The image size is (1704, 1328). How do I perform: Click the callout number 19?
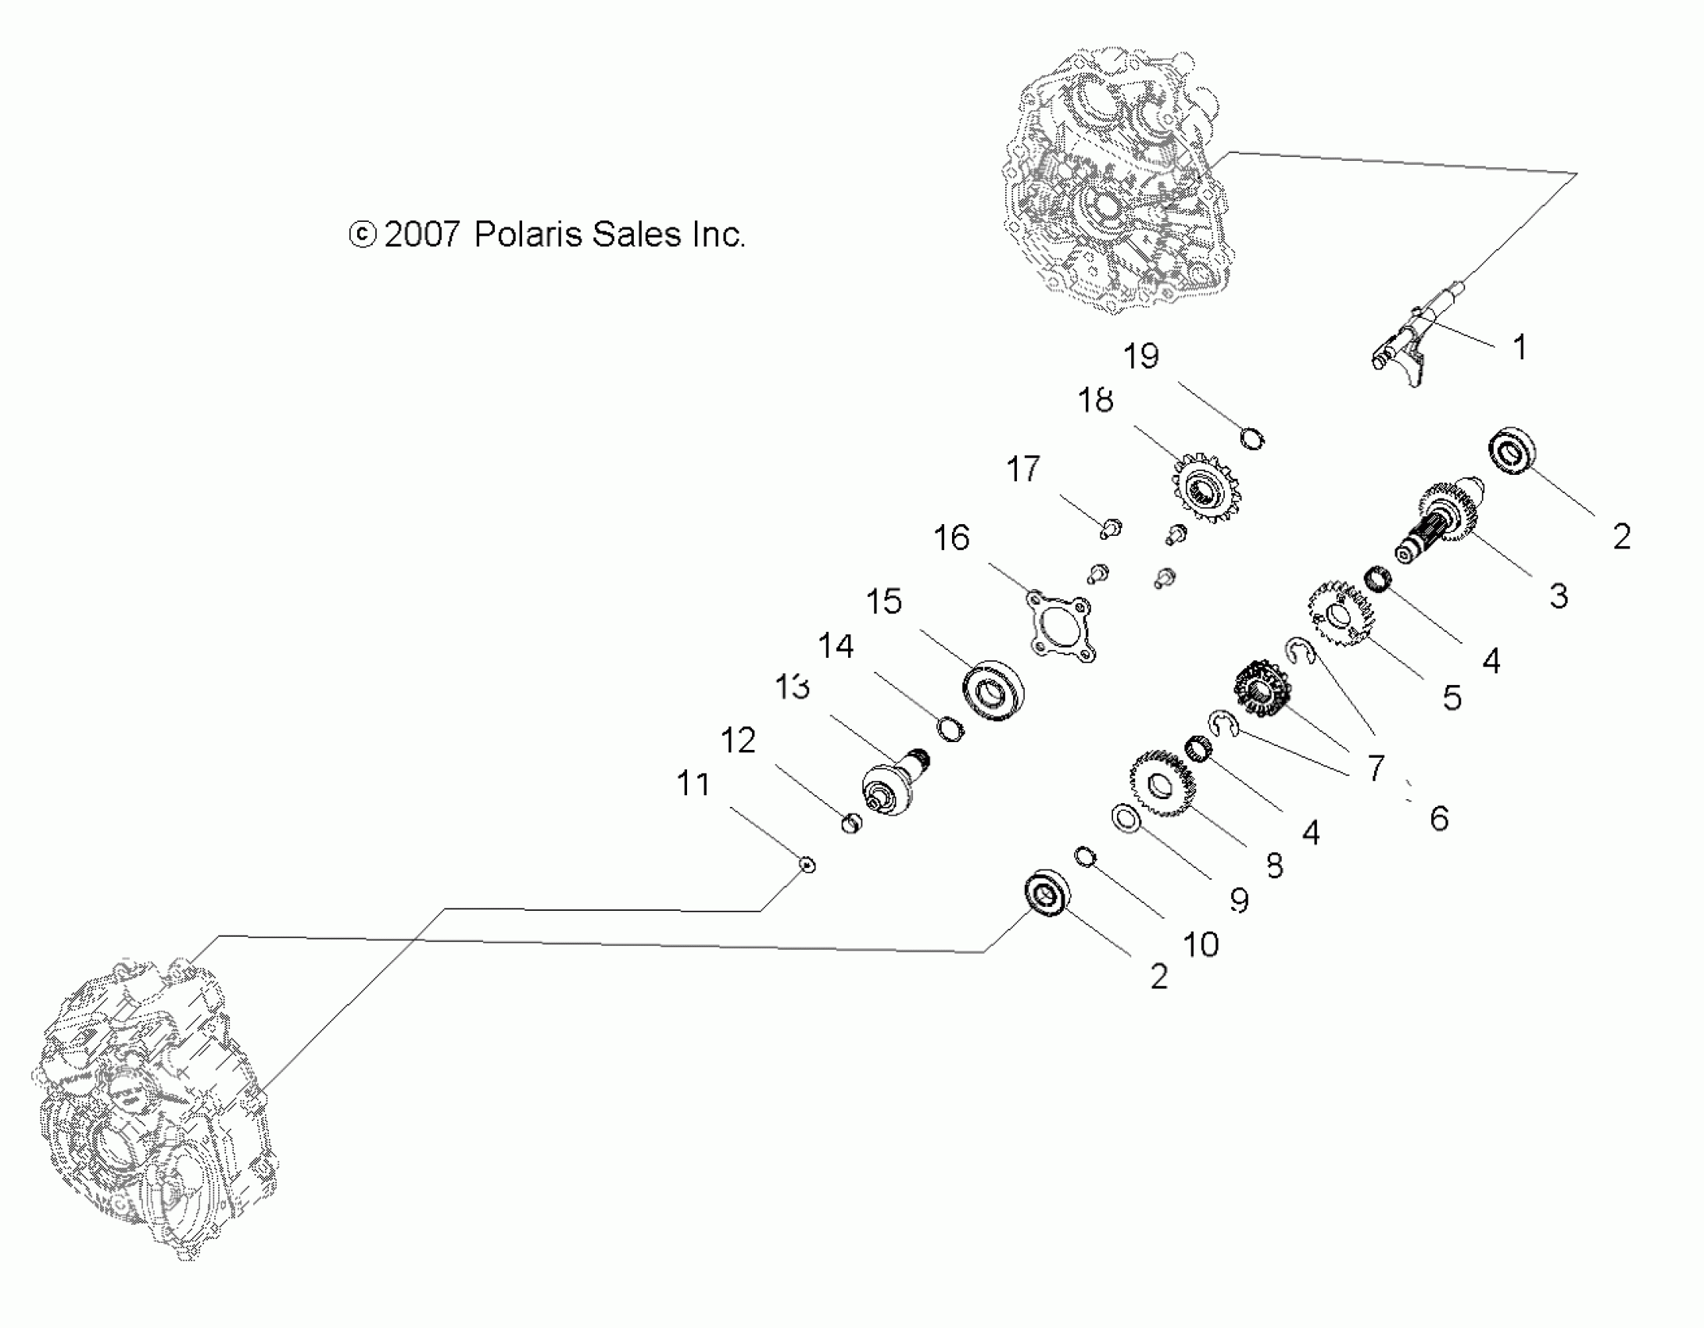(x=1140, y=357)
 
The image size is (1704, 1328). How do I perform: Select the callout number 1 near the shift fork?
(x=1519, y=348)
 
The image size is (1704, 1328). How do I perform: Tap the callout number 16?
(x=951, y=538)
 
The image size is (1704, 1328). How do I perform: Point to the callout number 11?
(x=693, y=784)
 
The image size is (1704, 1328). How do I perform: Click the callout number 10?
(x=1201, y=945)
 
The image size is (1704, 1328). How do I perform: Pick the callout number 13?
(x=792, y=687)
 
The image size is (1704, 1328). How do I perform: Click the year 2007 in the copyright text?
(x=422, y=234)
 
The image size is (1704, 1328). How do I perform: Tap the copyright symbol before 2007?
(x=363, y=234)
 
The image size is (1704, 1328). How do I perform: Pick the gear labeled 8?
(x=1160, y=783)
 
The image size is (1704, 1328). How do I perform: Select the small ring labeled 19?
(x=1252, y=439)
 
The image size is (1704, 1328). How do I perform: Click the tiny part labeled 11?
(x=807, y=865)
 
